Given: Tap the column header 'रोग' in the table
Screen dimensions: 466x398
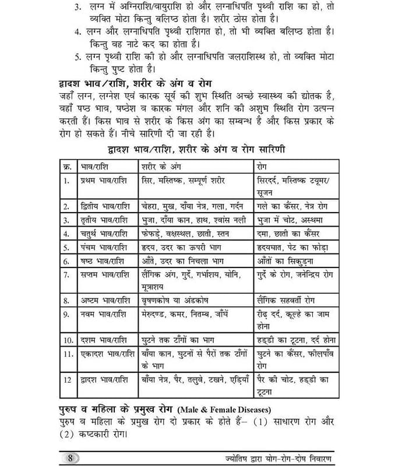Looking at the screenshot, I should [x=263, y=165].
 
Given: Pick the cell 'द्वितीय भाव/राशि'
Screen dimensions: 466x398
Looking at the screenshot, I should [x=104, y=206].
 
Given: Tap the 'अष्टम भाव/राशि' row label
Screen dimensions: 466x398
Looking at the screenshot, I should [x=104, y=301].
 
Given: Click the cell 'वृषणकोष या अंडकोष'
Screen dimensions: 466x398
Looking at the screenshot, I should [x=175, y=301].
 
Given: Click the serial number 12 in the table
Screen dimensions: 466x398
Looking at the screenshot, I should [x=67, y=380].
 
